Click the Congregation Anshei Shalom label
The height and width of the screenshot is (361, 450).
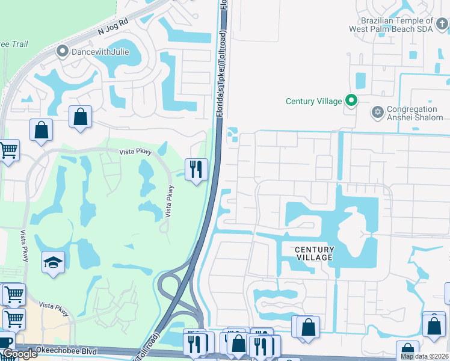pos(412,114)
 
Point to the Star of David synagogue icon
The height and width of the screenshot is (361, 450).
pos(378,111)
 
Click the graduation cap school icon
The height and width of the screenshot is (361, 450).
pos(54,262)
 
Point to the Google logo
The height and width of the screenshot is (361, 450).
pos(20,354)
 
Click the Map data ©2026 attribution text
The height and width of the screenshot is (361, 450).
pos(425,356)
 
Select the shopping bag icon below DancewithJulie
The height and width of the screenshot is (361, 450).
pos(80,117)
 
